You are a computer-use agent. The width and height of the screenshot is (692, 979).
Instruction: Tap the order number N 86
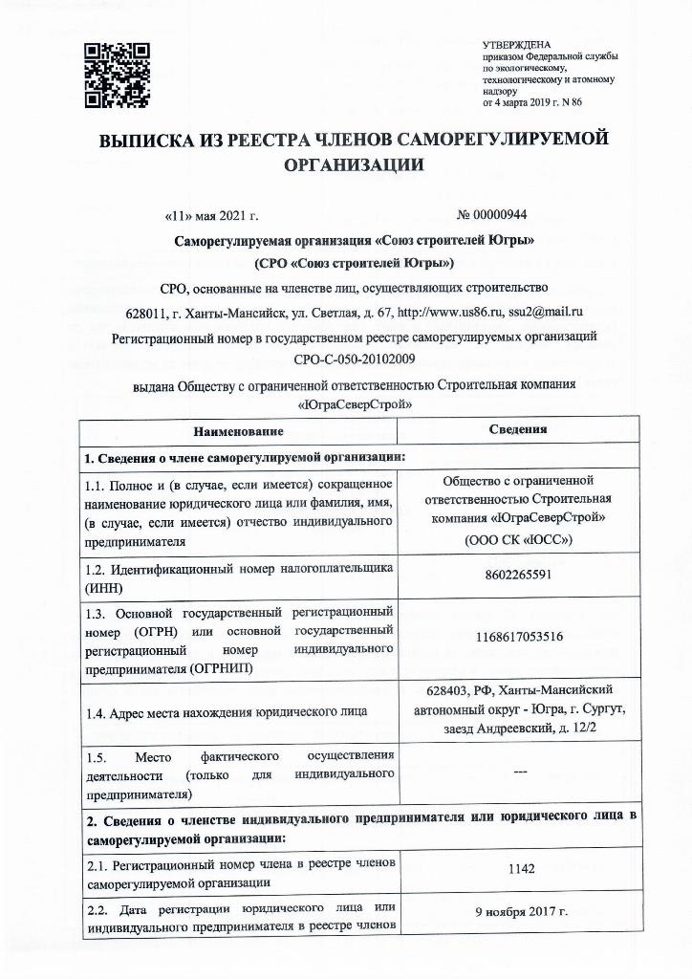pos(572,101)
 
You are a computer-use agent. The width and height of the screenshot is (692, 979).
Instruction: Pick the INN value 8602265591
pos(518,575)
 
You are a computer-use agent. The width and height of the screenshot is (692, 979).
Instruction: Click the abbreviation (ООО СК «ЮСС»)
pos(518,540)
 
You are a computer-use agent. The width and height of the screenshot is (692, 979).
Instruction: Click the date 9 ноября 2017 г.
pos(518,912)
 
